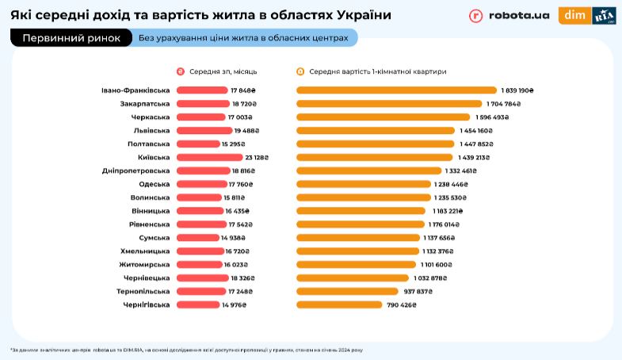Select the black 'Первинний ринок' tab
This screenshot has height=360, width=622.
pos(71,37)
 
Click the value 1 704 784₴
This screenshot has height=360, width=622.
pos(508,104)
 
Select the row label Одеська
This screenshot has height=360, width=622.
pos(153,184)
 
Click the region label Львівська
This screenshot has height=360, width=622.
pos(151,130)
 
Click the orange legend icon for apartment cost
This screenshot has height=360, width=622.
pos(300,71)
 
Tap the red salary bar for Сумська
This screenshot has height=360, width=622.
pos(198,238)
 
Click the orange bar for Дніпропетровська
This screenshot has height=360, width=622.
pos(368,170)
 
